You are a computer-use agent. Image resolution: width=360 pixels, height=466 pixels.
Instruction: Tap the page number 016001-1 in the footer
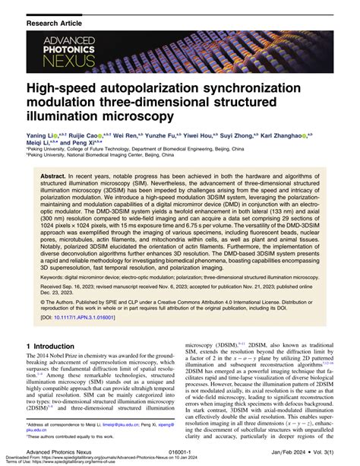tap(182, 451)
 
